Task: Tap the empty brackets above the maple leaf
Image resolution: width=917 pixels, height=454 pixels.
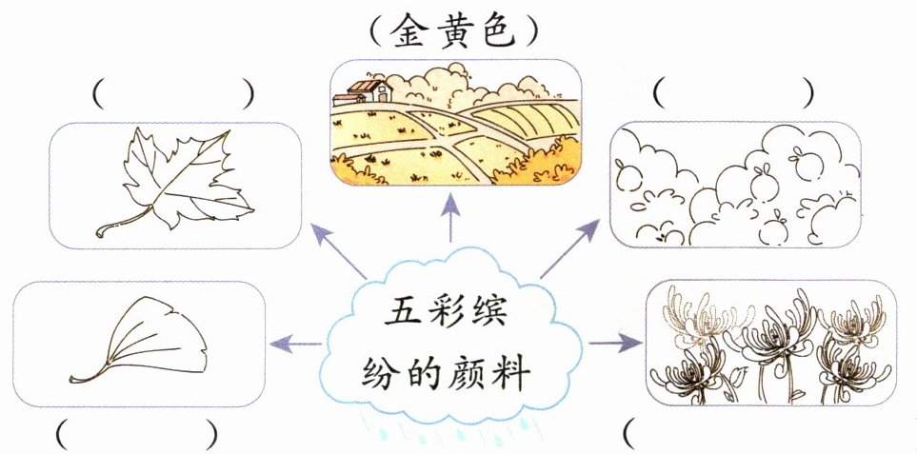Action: click(174, 93)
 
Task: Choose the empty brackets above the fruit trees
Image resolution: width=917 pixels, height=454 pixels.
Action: click(734, 92)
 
